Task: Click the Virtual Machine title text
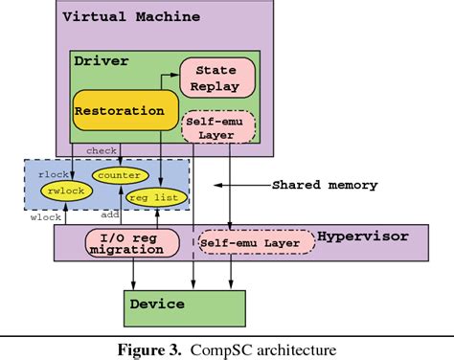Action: (x=131, y=17)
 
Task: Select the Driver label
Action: (x=101, y=61)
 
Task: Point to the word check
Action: (x=102, y=151)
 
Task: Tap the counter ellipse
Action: (x=120, y=175)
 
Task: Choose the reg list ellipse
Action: (x=149, y=196)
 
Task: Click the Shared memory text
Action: (x=325, y=185)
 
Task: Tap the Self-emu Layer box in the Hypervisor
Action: (x=255, y=243)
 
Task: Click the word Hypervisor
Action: (x=363, y=234)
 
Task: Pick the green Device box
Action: (x=185, y=304)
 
